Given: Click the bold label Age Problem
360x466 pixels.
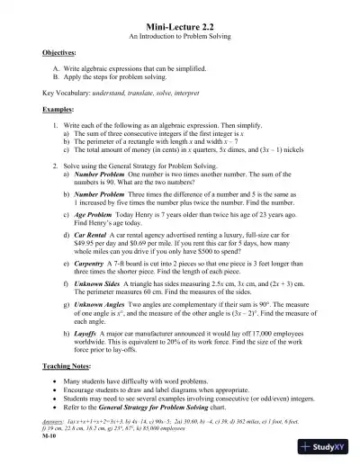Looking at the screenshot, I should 98,214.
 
